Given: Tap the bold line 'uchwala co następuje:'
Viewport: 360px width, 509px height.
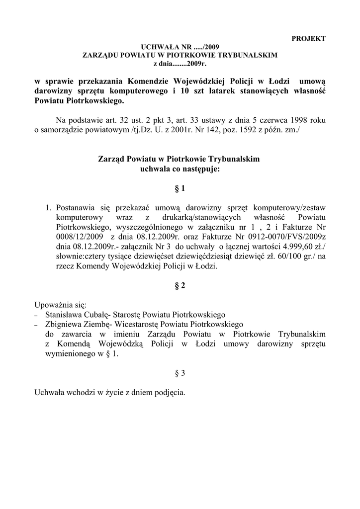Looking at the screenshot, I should (180, 169).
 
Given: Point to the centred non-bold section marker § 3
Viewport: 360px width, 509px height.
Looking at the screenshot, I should (180, 373).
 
